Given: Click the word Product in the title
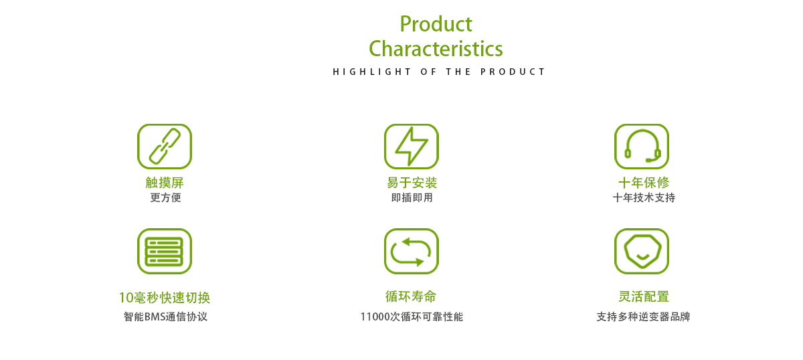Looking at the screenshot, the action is (436, 24).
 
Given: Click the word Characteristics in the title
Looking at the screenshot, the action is (436, 49).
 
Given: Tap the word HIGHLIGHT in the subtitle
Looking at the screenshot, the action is (372, 72).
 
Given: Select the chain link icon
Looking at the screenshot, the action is (165, 147).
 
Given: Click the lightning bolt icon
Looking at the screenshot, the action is (412, 147).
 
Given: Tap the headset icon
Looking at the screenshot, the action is (642, 147).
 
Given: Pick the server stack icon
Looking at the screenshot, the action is (165, 252).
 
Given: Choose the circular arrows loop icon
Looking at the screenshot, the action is (412, 252).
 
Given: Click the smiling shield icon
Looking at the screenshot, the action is (642, 252).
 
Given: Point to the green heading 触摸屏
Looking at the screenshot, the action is (165, 183).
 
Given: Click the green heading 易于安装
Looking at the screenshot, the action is (412, 183).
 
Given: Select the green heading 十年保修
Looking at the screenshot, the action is (644, 183).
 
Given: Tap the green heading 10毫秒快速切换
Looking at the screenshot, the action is (165, 298).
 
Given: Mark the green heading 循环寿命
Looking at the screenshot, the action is (411, 296).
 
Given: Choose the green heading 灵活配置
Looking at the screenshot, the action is (644, 296).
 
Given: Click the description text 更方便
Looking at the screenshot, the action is (166, 197).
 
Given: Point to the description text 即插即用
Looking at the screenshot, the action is (412, 197).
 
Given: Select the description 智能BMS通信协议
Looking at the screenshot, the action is (166, 317).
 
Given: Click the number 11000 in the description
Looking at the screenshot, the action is (375, 317).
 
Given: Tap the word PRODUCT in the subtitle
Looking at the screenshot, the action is (513, 72).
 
